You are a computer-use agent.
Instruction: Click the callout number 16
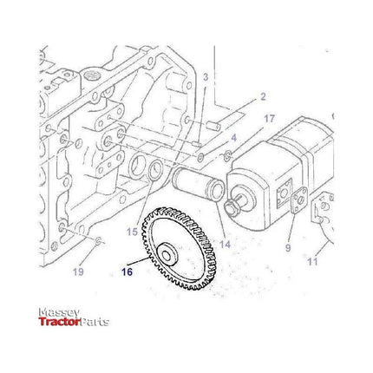129,271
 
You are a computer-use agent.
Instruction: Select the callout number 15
132,232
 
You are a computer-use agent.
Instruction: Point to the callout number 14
225,244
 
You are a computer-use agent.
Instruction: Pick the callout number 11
313,260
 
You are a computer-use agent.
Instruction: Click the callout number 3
206,78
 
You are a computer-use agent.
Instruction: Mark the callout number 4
232,138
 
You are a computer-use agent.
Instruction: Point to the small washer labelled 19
98,240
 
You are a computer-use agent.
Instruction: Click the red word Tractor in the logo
59,323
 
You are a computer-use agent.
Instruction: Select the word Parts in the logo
95,323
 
